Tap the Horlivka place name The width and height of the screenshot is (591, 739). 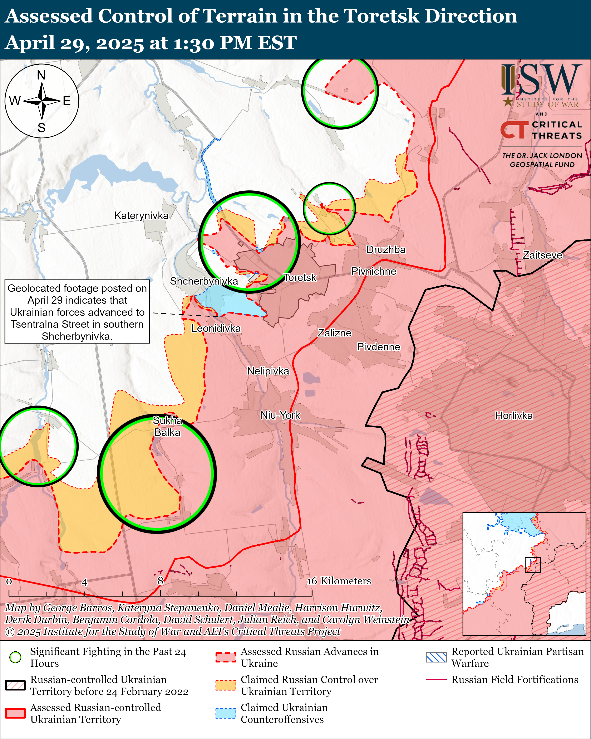(x=514, y=416)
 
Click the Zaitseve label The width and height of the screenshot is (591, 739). (x=542, y=255)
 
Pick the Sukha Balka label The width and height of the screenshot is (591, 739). (x=167, y=426)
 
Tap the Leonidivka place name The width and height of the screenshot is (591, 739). (x=216, y=328)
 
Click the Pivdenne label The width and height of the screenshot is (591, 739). (x=379, y=347)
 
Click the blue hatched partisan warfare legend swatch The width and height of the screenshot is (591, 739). (x=436, y=657)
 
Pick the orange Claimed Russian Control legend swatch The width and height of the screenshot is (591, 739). (x=226, y=685)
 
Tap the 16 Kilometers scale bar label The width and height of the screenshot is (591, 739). (x=339, y=581)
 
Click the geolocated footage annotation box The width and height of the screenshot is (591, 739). (x=77, y=312)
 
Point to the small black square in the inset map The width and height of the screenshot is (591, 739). (x=533, y=565)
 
